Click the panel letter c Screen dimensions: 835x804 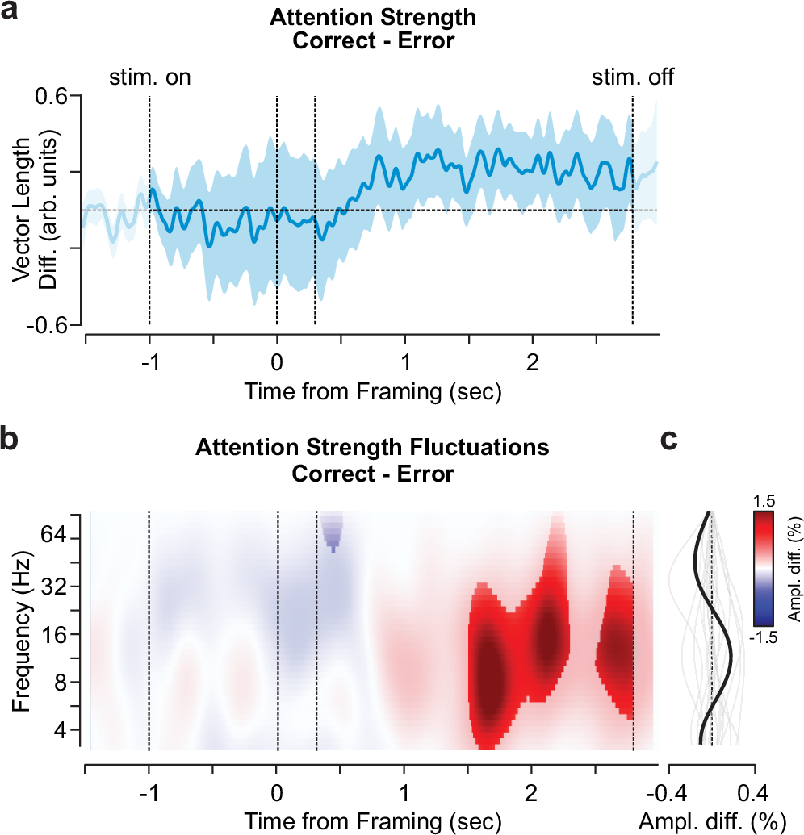coord(670,441)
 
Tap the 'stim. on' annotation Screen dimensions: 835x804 coord(149,77)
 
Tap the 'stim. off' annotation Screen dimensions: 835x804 coord(633,77)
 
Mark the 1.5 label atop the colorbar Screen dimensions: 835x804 coord(764,499)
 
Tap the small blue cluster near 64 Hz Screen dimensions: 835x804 coord(332,532)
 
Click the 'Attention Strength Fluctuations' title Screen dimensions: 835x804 coord(372,446)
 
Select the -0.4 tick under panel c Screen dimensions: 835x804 coord(667,786)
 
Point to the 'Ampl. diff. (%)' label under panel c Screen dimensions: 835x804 coord(712,821)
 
